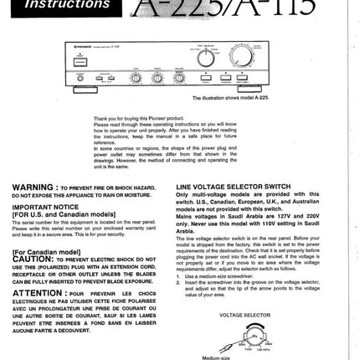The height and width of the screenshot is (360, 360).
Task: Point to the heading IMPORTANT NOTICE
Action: tap(45, 205)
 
